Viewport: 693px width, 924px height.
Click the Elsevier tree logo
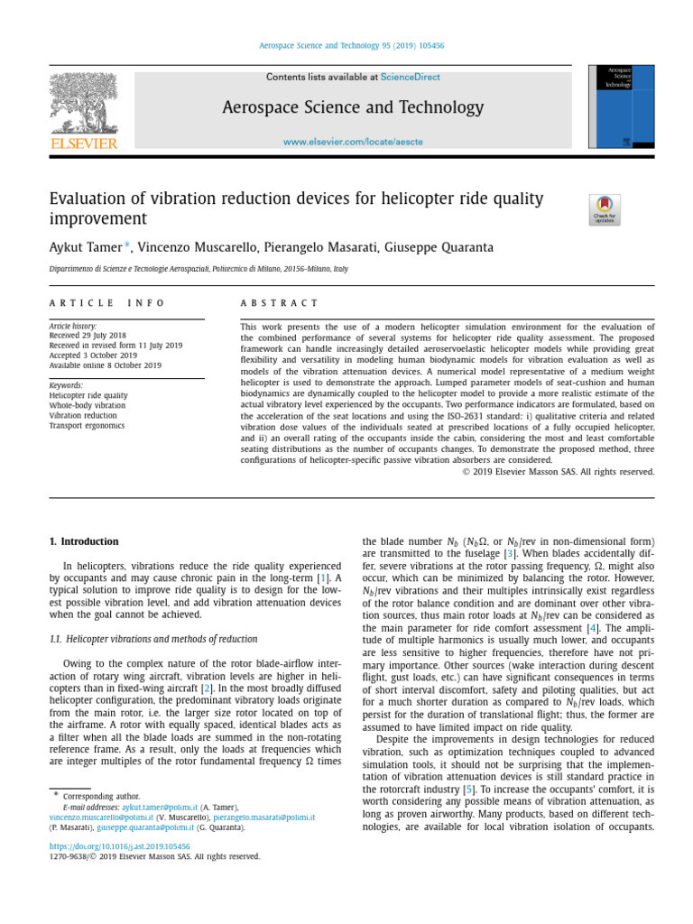[x=83, y=106]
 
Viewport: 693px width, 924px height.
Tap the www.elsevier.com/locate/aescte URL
[x=353, y=142]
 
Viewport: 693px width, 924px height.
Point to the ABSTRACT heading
[x=280, y=303]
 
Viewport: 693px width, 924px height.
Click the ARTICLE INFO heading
[x=107, y=303]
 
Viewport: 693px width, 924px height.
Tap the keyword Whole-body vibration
[x=88, y=406]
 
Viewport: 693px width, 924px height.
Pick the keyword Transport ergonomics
[x=88, y=426]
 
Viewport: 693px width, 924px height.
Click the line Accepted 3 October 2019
[x=93, y=356]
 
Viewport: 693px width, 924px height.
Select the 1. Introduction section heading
[x=84, y=541]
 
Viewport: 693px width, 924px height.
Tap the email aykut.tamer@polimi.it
[x=158, y=807]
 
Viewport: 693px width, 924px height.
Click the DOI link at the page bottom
[x=119, y=846]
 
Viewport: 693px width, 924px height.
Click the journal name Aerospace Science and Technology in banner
[x=353, y=108]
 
